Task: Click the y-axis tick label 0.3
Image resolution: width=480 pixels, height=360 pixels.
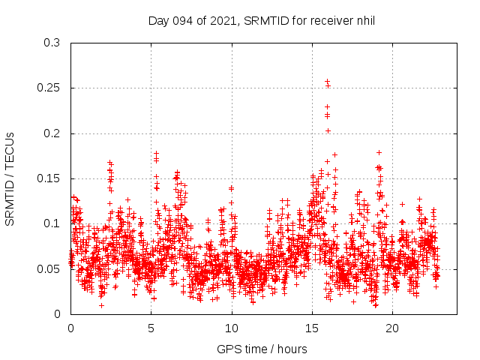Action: [x=52, y=43]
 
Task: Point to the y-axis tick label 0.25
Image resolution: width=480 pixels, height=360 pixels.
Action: [x=49, y=88]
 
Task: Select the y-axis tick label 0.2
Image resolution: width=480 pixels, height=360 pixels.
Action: [x=52, y=133]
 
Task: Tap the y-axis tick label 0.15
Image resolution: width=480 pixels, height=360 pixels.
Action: [x=49, y=178]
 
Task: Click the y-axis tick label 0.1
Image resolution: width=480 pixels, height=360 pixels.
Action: [x=52, y=223]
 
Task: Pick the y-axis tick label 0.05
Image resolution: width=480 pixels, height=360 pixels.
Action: [x=49, y=268]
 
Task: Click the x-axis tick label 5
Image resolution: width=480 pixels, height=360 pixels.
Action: [x=151, y=328]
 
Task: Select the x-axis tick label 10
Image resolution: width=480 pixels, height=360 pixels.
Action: [x=232, y=328]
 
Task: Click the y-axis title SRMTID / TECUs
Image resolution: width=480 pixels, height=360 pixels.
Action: [x=10, y=178]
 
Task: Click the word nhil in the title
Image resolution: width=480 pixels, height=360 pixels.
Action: [x=364, y=20]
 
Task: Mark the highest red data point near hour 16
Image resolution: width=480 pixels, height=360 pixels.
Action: [x=327, y=81]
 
